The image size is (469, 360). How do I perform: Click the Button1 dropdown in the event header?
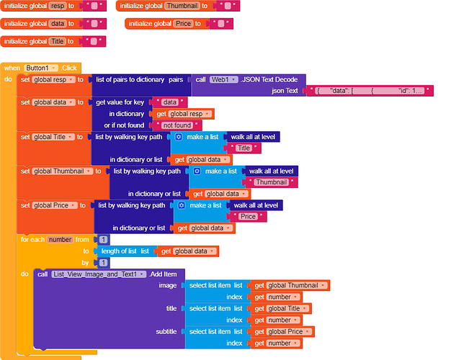[41, 68]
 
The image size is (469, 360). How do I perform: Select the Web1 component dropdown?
[224, 79]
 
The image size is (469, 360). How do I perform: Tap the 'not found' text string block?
[177, 125]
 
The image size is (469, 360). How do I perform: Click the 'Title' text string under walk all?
[244, 148]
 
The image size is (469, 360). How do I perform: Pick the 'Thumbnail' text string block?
[272, 182]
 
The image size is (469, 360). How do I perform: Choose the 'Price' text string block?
[248, 217]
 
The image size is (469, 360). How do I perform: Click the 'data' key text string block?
[169, 102]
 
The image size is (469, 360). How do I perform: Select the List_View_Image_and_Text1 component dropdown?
[99, 274]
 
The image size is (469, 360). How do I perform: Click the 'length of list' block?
[125, 251]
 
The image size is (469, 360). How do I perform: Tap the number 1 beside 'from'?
[103, 240]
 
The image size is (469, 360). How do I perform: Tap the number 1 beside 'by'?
[103, 263]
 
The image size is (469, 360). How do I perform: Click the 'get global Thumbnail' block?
[290, 286]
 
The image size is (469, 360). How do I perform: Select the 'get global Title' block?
[281, 309]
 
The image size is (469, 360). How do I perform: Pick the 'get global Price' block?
[282, 332]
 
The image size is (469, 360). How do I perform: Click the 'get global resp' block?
[184, 114]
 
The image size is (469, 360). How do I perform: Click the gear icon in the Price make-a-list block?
[182, 205]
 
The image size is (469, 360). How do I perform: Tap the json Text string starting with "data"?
[370, 91]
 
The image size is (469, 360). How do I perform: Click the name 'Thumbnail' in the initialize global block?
[182, 6]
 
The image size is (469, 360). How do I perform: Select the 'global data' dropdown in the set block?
[53, 102]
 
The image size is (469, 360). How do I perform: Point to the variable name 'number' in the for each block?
[60, 240]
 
